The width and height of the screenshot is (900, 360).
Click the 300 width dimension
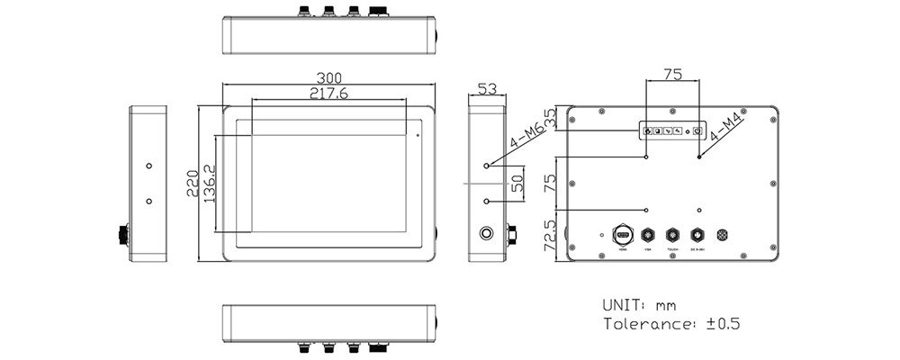pyautogui.click(x=327, y=77)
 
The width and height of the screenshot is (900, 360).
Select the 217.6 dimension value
pyautogui.click(x=328, y=93)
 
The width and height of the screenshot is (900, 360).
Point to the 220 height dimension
pyautogui.click(x=192, y=184)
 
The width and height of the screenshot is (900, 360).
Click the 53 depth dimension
pyautogui.click(x=487, y=88)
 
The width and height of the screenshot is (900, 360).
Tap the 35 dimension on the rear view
pyautogui.click(x=549, y=118)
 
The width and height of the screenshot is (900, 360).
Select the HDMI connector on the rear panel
pyautogui.click(x=621, y=234)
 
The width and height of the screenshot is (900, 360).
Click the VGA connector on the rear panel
pyautogui.click(x=646, y=234)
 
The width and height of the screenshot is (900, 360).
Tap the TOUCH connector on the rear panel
pyautogui.click(x=671, y=234)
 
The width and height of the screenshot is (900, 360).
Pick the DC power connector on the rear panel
pyautogui.click(x=697, y=234)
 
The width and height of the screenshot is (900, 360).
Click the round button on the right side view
pyautogui.click(x=488, y=234)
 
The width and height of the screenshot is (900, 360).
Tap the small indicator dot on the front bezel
pyautogui.click(x=416, y=135)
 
